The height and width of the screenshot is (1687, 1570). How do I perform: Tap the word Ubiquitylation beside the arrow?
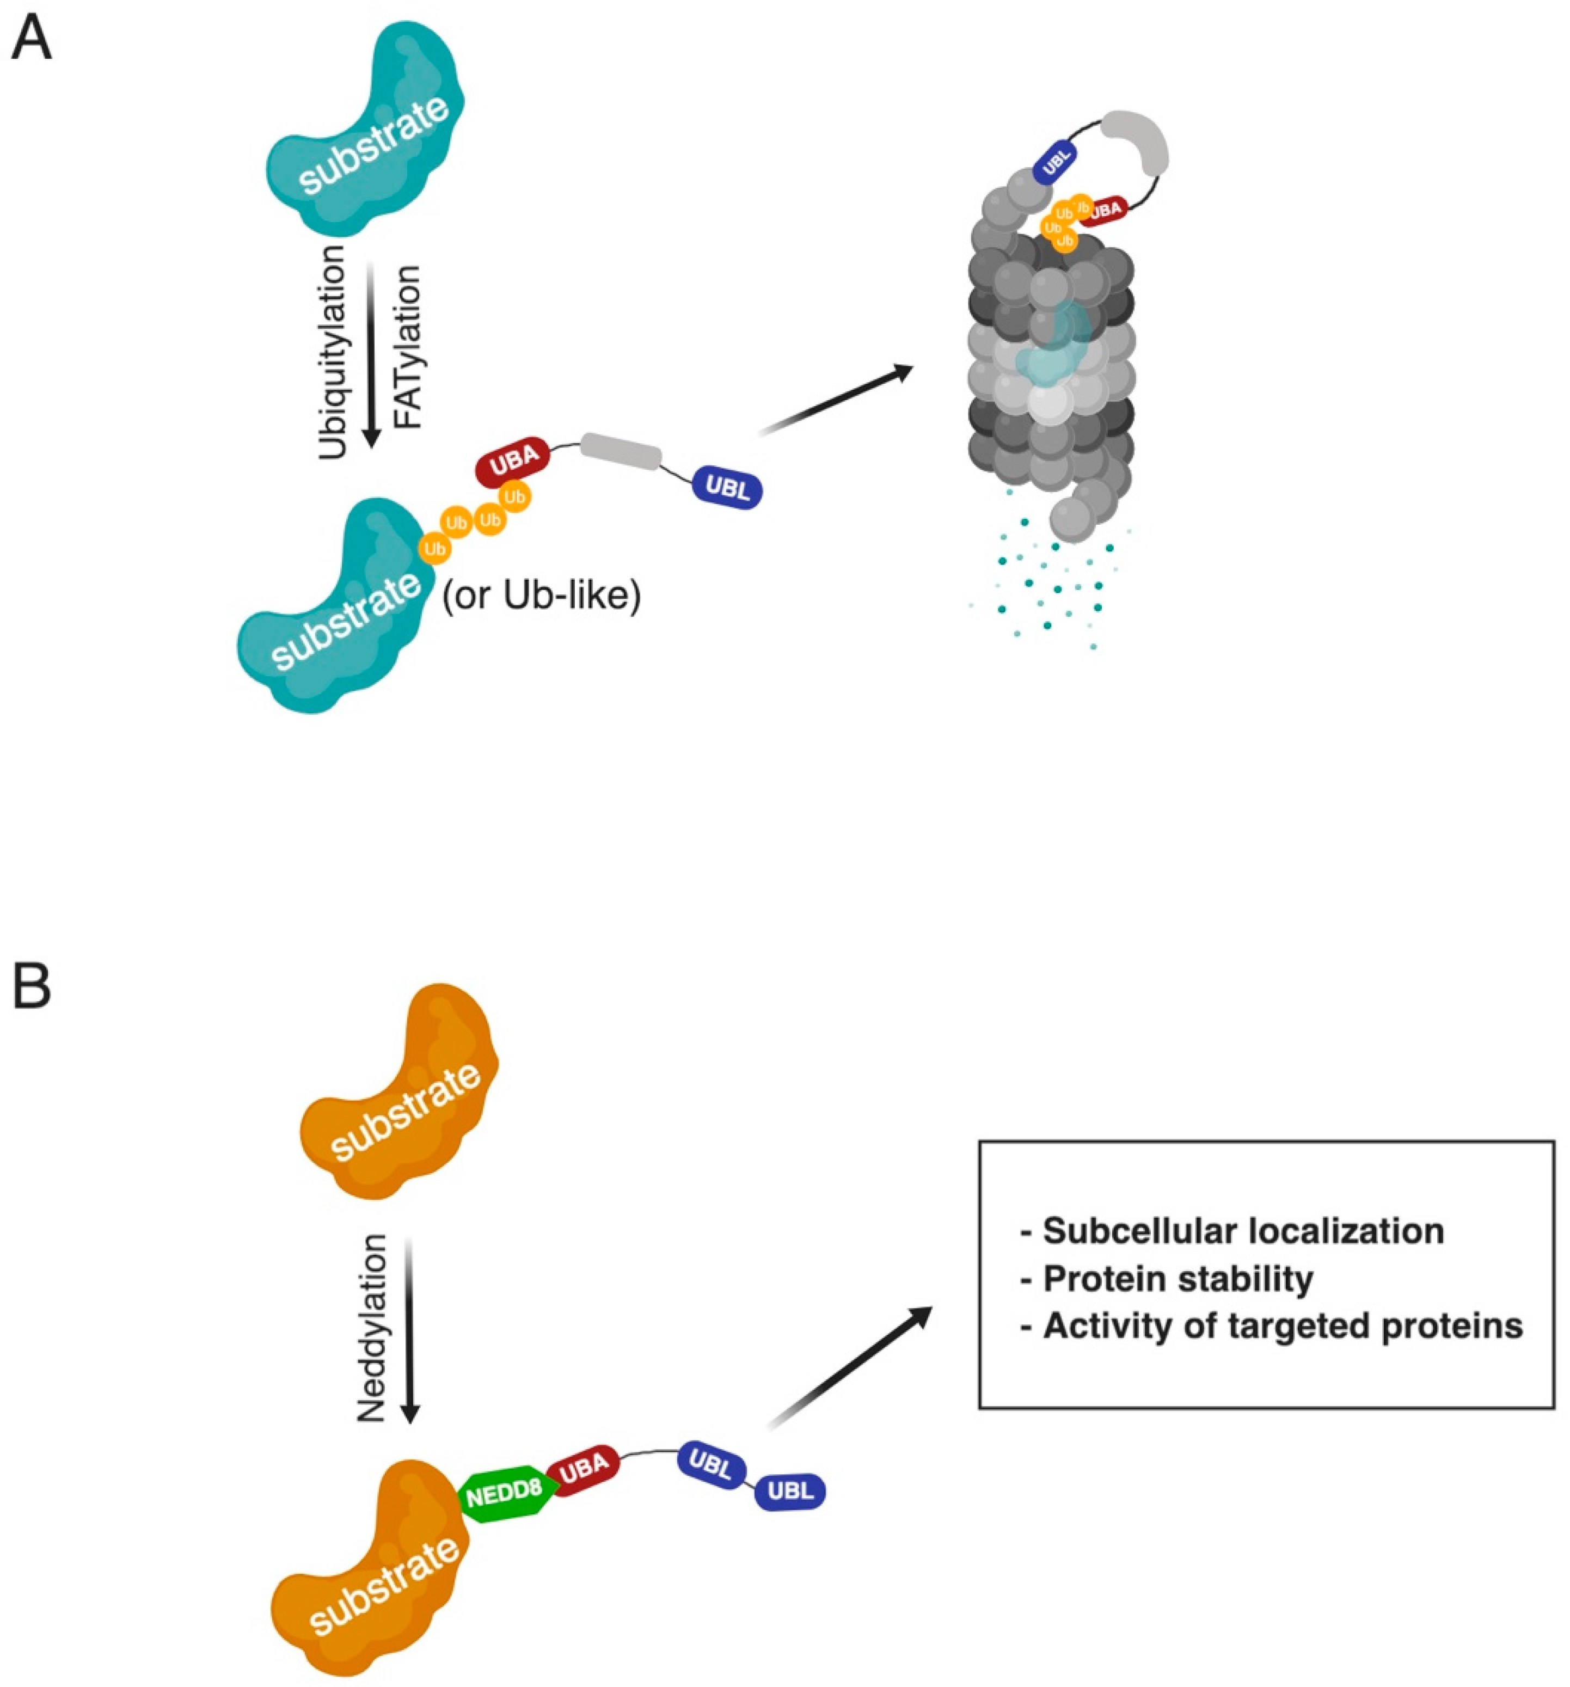click(x=333, y=352)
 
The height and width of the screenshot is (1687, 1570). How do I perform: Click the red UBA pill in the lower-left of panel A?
click(x=513, y=458)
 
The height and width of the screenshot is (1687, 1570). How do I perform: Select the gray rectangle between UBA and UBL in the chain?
click(x=621, y=451)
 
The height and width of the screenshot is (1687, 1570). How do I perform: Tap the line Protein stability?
click(x=1178, y=1278)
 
